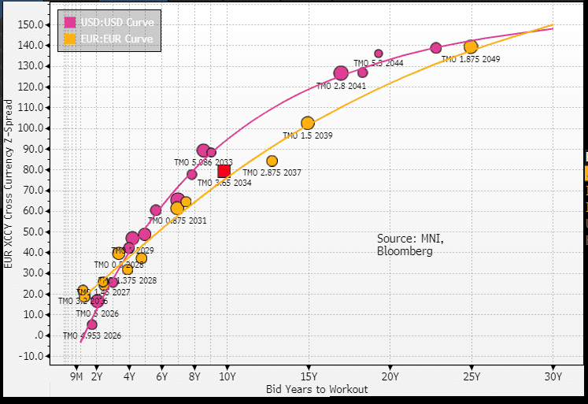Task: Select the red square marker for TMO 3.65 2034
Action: pyautogui.click(x=224, y=171)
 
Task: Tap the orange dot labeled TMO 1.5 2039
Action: pyautogui.click(x=308, y=123)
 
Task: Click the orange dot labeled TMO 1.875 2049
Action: pyautogui.click(x=471, y=47)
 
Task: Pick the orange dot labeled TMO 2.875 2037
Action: pyautogui.click(x=272, y=161)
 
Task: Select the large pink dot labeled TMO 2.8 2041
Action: pyautogui.click(x=341, y=73)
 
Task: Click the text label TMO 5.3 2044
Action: pyautogui.click(x=378, y=63)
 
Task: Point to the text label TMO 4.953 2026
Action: pyautogui.click(x=92, y=335)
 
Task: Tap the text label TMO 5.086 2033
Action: pyautogui.click(x=203, y=162)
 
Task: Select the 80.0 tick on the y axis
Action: pyautogui.click(x=31, y=169)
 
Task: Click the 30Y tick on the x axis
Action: pyautogui.click(x=553, y=376)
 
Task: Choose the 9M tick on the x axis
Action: pyautogui.click(x=76, y=376)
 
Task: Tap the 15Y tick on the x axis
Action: pyautogui.click(x=308, y=376)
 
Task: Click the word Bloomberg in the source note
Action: pyautogui.click(x=405, y=251)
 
